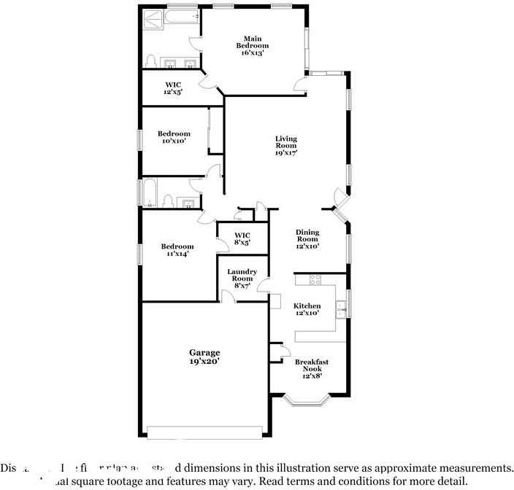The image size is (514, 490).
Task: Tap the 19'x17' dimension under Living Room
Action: tap(285, 153)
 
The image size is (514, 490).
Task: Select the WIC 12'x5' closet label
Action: tap(173, 88)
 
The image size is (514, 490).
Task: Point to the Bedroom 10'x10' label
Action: tap(174, 137)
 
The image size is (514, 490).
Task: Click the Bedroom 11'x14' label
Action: tap(177, 250)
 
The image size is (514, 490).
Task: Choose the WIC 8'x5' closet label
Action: tap(242, 238)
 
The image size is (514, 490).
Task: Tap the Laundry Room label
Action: tap(242, 279)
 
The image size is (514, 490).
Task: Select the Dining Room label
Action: tap(307, 239)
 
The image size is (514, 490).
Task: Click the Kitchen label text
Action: tap(307, 306)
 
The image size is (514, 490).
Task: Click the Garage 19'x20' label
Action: tap(204, 356)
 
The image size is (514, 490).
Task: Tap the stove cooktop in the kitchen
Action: tap(316, 279)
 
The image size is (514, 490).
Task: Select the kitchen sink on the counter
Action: tap(340, 309)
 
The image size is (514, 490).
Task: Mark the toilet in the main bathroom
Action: tap(150, 61)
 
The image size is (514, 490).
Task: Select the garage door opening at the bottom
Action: tap(204, 429)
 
